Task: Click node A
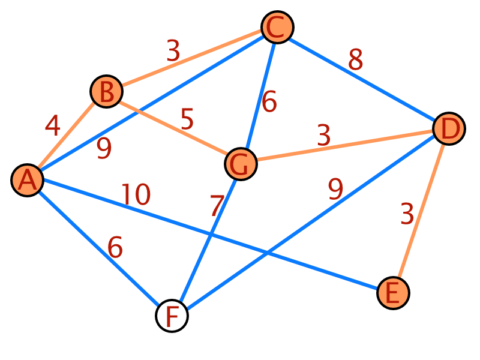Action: pyautogui.click(x=28, y=181)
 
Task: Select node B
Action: pyautogui.click(x=107, y=91)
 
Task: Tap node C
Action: pyautogui.click(x=277, y=27)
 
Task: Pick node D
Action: pyautogui.click(x=449, y=128)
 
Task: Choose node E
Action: pyautogui.click(x=393, y=293)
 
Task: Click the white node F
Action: pyautogui.click(x=172, y=316)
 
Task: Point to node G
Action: pyautogui.click(x=241, y=164)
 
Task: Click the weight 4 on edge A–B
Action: pyautogui.click(x=53, y=125)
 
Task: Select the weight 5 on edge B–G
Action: pyautogui.click(x=187, y=119)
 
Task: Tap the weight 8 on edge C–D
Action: pyautogui.click(x=355, y=59)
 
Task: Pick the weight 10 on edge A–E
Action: pyautogui.click(x=136, y=194)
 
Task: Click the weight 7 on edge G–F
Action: pyautogui.click(x=217, y=206)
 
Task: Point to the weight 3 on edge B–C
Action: pyautogui.click(x=173, y=50)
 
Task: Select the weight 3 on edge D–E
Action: pyautogui.click(x=407, y=214)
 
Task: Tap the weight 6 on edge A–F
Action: pyautogui.click(x=115, y=247)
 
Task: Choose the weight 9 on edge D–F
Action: pyautogui.click(x=335, y=189)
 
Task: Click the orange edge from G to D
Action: pyautogui.click(x=345, y=145)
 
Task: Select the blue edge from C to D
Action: pyautogui.click(x=362, y=79)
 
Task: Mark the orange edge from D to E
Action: pyautogui.click(x=421, y=211)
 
